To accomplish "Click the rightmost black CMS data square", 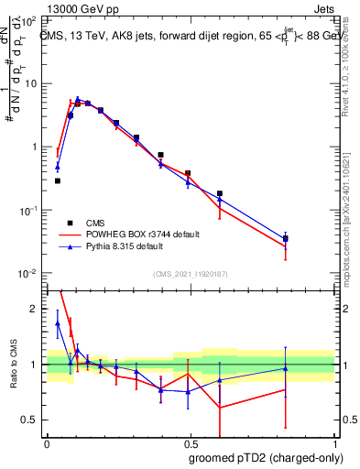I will (x=286, y=239).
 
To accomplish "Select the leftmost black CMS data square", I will (x=58, y=180).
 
